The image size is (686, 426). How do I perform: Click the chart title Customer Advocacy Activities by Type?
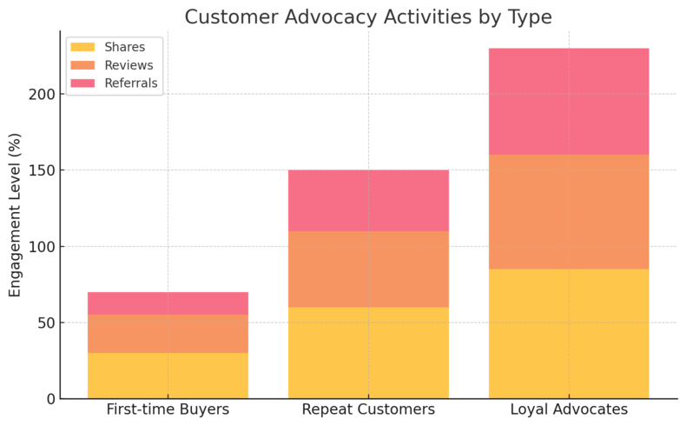coord(368,17)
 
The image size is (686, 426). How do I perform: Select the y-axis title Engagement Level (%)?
coord(15,215)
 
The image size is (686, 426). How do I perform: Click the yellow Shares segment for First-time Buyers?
coord(168,376)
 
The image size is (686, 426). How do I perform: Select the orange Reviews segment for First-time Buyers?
coord(168,334)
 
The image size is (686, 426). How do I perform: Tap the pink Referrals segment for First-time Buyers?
coord(168,303)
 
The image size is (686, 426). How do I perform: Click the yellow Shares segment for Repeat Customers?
coord(368,352)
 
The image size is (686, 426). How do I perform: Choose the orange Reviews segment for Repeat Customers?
coord(368,269)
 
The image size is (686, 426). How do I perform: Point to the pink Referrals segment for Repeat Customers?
coord(368,201)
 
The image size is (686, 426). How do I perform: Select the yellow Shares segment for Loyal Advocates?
coord(569,334)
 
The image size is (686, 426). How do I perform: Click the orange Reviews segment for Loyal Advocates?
coord(569,212)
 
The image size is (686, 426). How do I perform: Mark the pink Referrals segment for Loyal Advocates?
coord(569,102)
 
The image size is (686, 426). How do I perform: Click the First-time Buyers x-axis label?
coord(168,409)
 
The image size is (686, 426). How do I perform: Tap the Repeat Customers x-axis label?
coord(368,409)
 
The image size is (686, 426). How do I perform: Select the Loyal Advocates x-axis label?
coord(569,409)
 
